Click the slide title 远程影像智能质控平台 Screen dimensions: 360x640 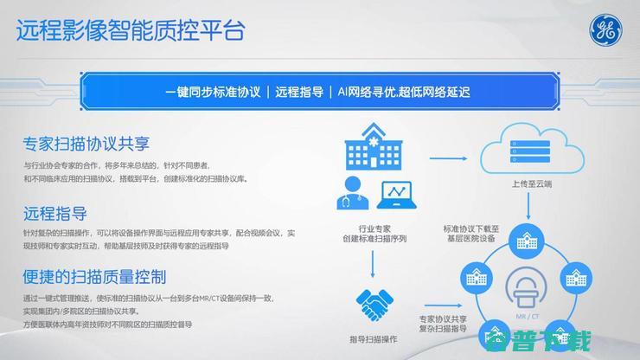[x=130, y=31]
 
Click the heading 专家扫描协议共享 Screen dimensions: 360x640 [x=87, y=143]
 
